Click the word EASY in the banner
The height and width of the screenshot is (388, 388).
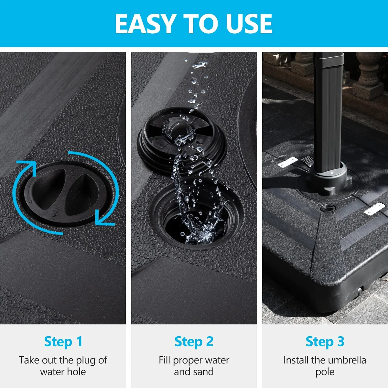(x=145, y=24)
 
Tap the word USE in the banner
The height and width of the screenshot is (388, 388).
(x=249, y=24)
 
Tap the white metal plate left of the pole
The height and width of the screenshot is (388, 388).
(x=288, y=162)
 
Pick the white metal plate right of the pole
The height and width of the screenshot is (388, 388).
(x=375, y=209)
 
